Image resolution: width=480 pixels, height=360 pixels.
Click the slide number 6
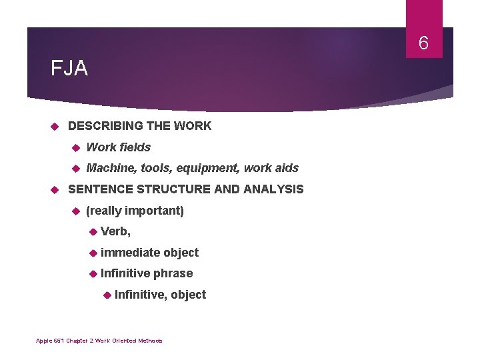tap(423, 44)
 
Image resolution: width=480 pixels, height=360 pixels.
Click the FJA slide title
tap(69, 69)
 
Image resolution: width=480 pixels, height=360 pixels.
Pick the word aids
tap(285, 168)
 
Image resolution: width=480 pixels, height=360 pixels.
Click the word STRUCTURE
tap(178, 189)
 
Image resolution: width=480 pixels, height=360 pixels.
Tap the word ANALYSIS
tap(274, 189)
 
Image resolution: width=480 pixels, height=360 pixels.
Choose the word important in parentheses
tap(153, 211)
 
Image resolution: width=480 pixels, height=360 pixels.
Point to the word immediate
tap(131, 253)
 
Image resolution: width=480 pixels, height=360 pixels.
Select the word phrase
tap(173, 273)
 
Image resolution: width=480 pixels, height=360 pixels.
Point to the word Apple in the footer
tap(43, 341)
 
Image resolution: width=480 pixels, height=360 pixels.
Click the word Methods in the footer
tap(151, 341)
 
